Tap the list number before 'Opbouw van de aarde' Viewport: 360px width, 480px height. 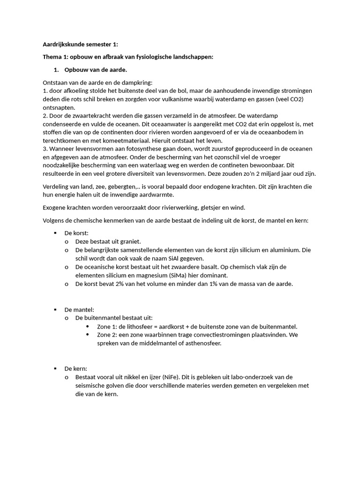[56, 70]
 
